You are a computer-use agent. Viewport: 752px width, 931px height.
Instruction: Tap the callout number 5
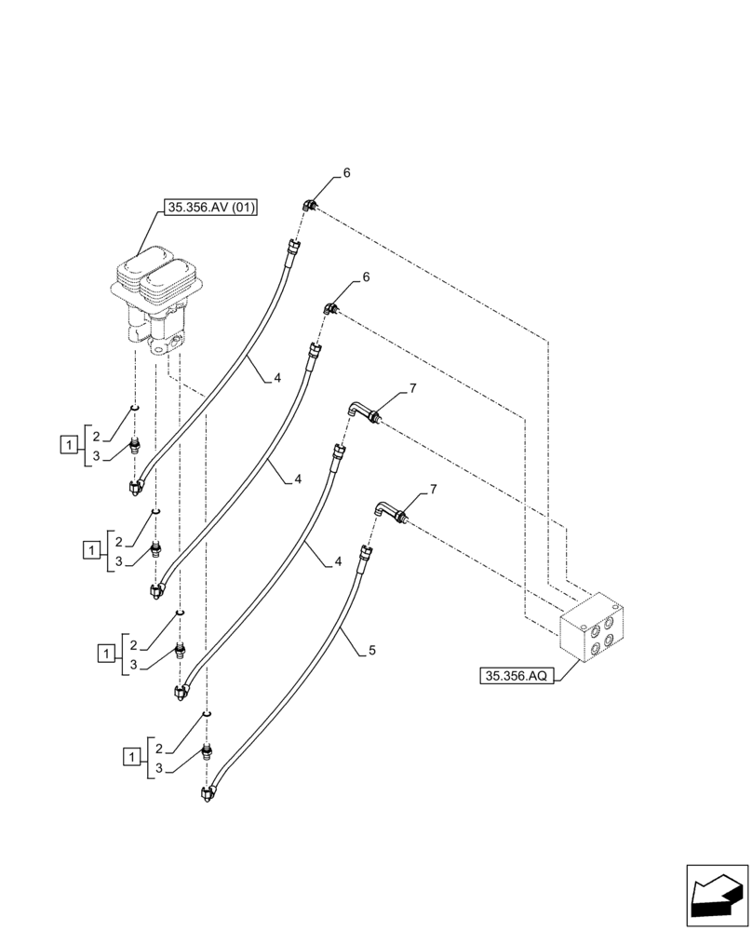tap(371, 651)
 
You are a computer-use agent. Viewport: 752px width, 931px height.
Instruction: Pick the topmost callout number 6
tap(346, 173)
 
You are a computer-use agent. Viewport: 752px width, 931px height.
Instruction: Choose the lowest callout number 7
tap(432, 488)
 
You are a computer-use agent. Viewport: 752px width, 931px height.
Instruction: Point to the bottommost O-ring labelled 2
tap(206, 713)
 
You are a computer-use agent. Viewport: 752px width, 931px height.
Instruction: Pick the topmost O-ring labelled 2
tap(135, 407)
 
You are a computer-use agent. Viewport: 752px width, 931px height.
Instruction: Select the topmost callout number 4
tap(276, 378)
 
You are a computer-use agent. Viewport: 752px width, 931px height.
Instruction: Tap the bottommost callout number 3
tap(159, 769)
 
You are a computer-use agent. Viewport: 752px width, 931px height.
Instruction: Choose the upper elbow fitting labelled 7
tap(362, 411)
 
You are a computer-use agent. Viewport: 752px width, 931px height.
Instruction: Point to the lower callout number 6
tap(366, 277)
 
